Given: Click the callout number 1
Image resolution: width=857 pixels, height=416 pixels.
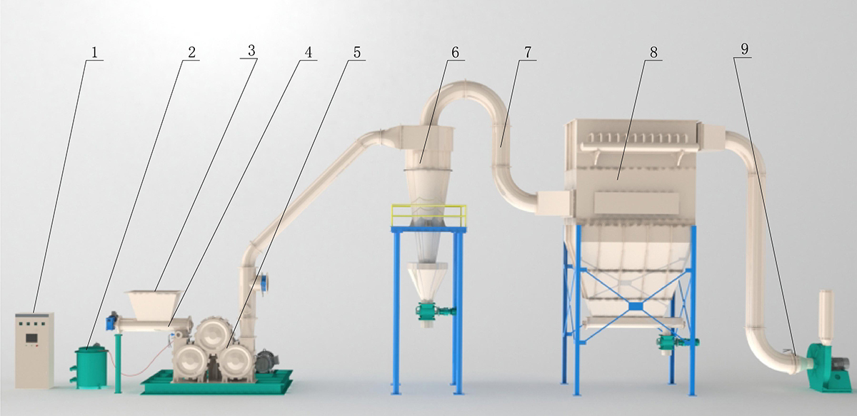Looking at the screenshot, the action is [x=94, y=53].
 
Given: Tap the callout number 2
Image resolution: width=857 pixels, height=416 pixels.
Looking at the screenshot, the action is [x=191, y=52].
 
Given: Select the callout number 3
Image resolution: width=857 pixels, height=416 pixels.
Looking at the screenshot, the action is [x=251, y=51].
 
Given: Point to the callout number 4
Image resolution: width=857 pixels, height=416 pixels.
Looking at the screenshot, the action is [x=308, y=52].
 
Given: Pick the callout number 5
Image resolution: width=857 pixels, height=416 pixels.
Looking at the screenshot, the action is [x=356, y=52].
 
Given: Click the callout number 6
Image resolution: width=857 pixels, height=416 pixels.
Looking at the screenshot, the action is [x=455, y=52].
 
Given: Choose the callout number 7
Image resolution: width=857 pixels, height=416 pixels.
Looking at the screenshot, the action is [x=528, y=52].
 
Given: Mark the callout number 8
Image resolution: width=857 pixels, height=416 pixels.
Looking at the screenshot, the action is [x=653, y=52].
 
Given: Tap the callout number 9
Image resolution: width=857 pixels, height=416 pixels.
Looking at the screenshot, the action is [x=744, y=49].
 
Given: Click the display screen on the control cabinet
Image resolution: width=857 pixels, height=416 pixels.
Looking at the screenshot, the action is [x=31, y=338].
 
